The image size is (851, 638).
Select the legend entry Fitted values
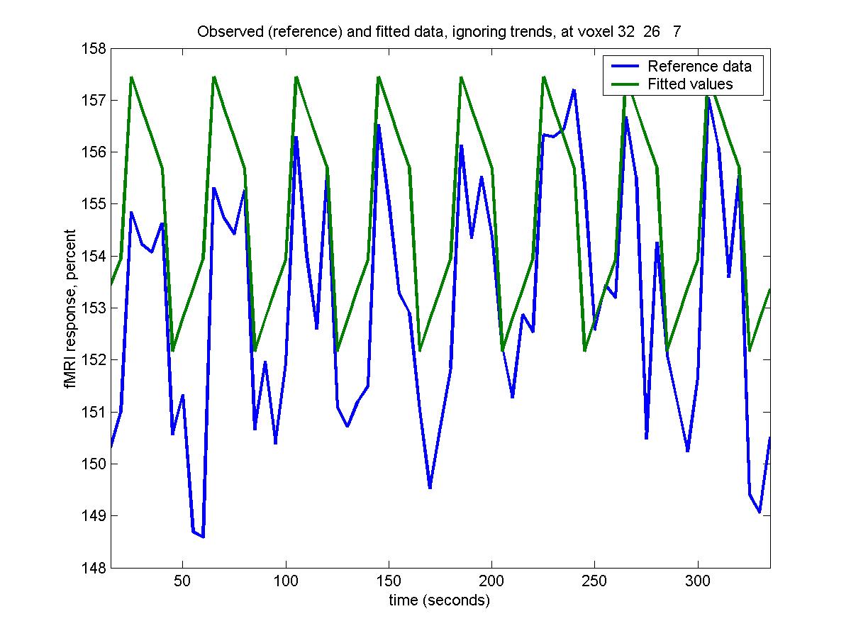tap(689, 84)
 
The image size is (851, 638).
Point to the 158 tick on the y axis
tap(97, 49)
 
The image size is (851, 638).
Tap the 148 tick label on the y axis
tap(97, 568)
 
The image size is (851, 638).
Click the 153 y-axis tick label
tap(97, 308)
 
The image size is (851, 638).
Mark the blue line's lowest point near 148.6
tap(203, 537)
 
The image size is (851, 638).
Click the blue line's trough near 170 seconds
tap(430, 488)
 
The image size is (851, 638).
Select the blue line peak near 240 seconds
tap(574, 90)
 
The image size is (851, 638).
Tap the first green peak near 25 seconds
tap(131, 77)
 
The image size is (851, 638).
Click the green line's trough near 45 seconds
tap(172, 351)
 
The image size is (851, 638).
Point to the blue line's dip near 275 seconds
tap(646, 438)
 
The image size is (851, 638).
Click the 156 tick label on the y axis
tap(97, 152)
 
